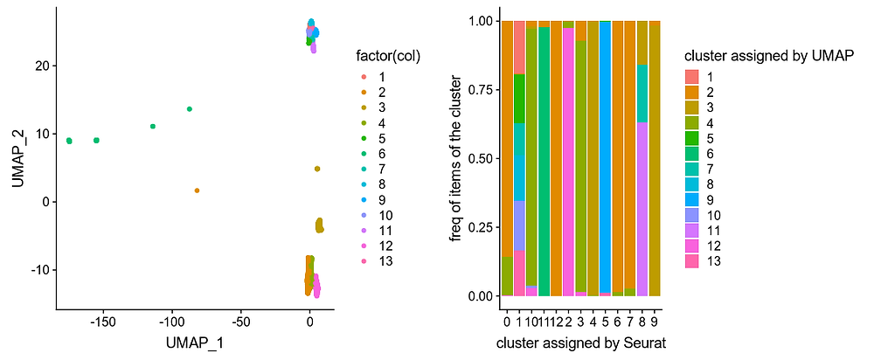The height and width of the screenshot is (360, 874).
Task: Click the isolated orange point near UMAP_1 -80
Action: (x=198, y=190)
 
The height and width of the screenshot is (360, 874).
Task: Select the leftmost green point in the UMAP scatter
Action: (x=69, y=141)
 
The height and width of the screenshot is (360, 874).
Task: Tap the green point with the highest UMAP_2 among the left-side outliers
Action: (x=190, y=109)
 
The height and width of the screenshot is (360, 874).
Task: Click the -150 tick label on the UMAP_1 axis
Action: (x=102, y=322)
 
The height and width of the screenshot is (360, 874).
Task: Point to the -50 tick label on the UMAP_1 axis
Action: (x=240, y=322)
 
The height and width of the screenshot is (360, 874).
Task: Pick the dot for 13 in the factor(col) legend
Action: (x=362, y=261)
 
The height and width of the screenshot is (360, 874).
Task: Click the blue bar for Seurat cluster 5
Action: (x=605, y=157)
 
